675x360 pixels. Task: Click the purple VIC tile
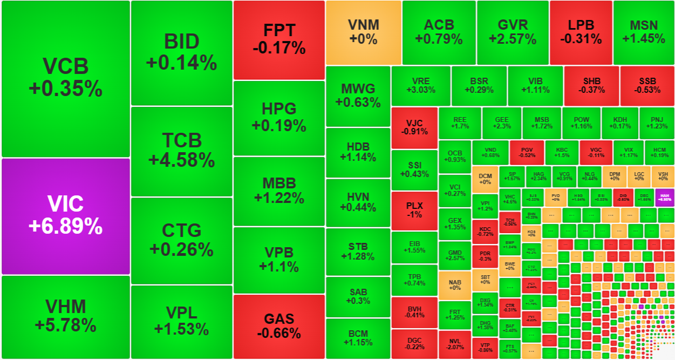tap(65, 216)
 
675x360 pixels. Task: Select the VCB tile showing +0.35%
tap(65, 78)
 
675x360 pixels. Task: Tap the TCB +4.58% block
tap(181, 151)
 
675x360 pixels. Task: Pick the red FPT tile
tap(279, 39)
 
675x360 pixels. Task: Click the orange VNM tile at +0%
tap(363, 32)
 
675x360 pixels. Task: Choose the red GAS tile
tap(279, 326)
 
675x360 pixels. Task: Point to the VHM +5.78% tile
tap(65, 316)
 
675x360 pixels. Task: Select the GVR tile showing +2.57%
tap(512, 32)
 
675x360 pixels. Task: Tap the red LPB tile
tap(581, 32)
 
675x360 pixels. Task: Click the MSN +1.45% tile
tap(643, 32)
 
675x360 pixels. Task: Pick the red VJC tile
tap(414, 127)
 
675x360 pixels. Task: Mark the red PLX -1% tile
tap(414, 209)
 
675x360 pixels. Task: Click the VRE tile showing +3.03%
tap(420, 86)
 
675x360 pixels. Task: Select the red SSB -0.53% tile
tap(647, 86)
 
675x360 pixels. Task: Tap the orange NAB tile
tap(454, 284)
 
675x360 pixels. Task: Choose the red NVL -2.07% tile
tap(454, 344)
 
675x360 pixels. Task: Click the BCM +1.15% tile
tap(358, 338)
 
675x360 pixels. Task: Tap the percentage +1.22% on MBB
tap(279, 198)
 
